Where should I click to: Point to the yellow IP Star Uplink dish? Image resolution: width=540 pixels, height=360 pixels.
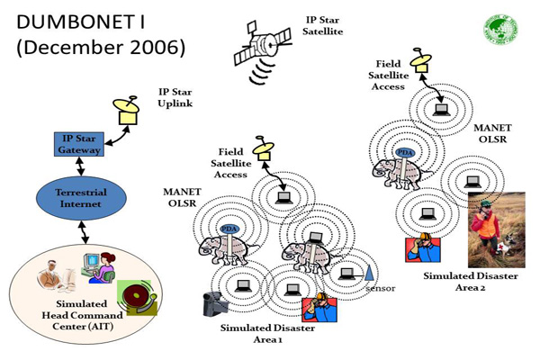click(x=127, y=111)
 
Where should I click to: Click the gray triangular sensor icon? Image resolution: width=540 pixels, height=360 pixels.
click(x=369, y=272)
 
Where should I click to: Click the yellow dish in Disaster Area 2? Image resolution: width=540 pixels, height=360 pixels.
click(x=418, y=58)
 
